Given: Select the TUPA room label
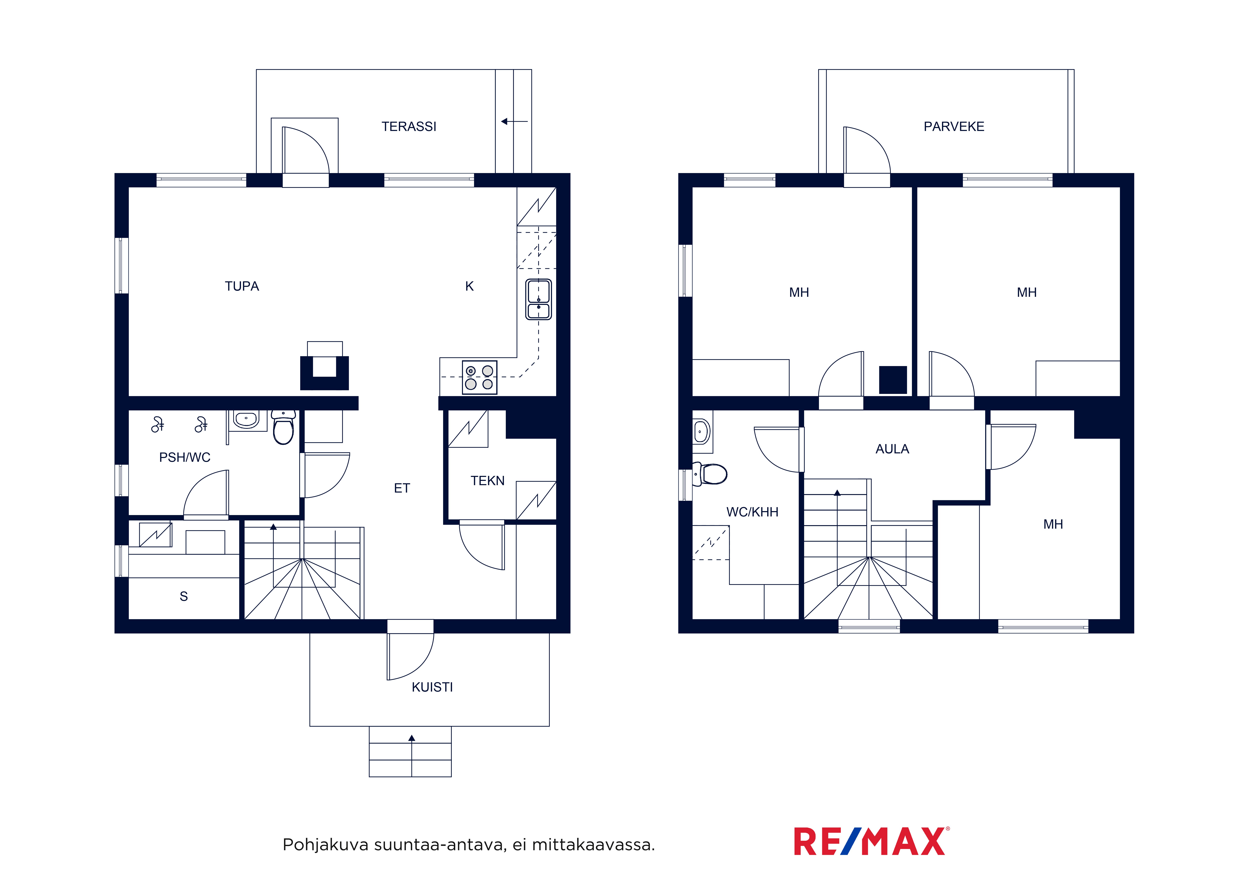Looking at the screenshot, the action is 242,286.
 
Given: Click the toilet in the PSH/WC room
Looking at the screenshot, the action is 283,427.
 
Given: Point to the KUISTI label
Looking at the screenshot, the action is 432,687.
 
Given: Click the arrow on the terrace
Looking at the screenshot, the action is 514,122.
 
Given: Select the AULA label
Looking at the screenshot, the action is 892,449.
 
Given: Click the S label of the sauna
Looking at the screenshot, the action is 184,596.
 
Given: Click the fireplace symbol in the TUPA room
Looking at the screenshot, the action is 324,366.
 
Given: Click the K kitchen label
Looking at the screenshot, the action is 469,286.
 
